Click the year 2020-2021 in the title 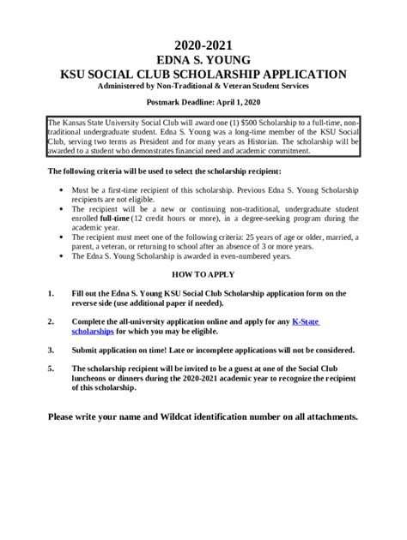click(203, 44)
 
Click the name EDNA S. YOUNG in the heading click(203, 59)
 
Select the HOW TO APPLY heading click(203, 277)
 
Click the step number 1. click(50, 294)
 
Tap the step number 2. click(50, 321)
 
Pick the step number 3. click(50, 350)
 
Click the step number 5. click(50, 369)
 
